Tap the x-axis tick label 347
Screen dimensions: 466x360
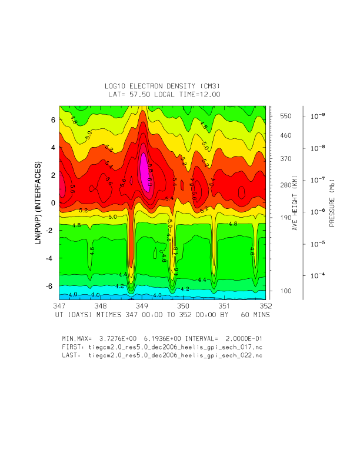point(59,306)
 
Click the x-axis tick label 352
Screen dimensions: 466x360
point(265,306)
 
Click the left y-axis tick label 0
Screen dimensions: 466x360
point(52,203)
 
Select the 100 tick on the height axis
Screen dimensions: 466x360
point(285,291)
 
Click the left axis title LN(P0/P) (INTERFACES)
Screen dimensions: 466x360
point(39,202)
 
